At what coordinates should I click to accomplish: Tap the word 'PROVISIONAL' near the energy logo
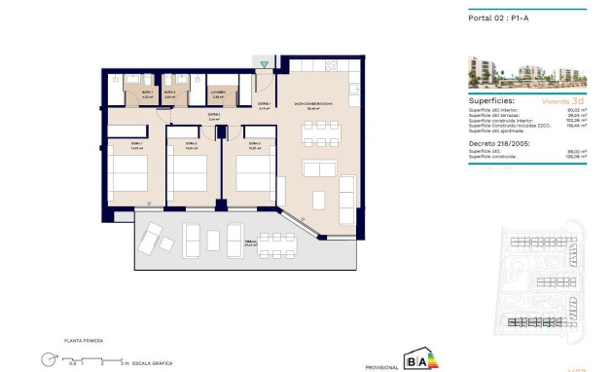(379, 367)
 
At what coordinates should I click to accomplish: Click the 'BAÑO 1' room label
(147, 93)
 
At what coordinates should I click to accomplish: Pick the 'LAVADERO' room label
(219, 93)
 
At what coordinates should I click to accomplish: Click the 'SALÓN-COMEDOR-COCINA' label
(313, 104)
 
